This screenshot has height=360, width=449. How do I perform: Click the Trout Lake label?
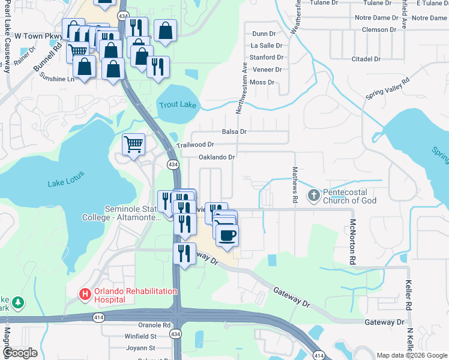point(178,106)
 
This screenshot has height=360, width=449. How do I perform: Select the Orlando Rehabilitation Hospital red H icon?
point(85,295)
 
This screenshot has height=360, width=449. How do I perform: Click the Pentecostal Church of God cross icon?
point(313,195)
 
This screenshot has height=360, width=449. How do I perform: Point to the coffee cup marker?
point(227,235)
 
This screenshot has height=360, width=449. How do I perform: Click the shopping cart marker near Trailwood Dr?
point(133,144)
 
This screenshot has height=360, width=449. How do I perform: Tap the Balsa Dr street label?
point(234,131)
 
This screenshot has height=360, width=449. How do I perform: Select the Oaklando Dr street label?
point(217,157)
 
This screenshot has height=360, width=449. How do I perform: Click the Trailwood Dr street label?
point(195,145)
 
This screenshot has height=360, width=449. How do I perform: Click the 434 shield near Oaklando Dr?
point(172,164)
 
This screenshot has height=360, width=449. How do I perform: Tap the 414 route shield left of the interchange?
point(97,317)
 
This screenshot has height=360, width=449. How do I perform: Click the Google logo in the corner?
point(20,353)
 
